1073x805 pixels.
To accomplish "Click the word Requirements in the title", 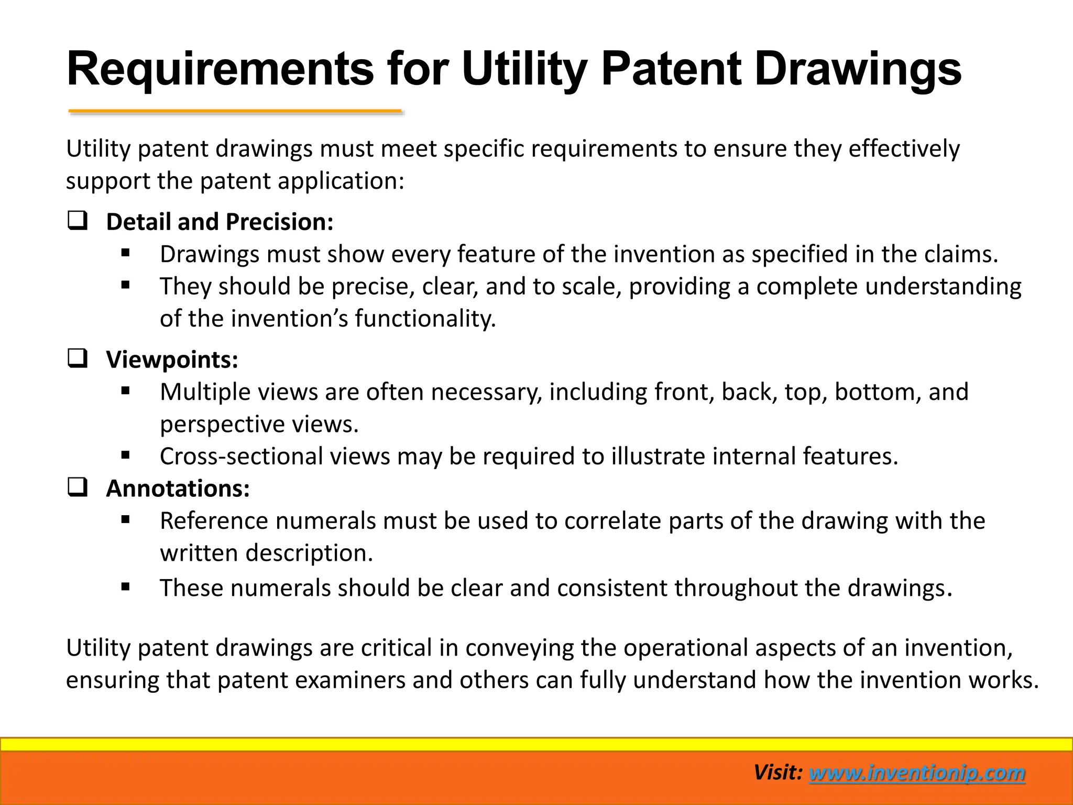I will click(220, 69).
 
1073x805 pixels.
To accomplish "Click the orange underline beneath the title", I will click(235, 111).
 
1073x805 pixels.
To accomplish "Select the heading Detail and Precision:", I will click(220, 222).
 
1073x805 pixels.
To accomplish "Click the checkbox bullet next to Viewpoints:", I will click(77, 359).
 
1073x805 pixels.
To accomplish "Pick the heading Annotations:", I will click(178, 488).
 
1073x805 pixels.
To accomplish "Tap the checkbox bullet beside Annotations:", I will click(77, 488).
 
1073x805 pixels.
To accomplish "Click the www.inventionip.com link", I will click(917, 773).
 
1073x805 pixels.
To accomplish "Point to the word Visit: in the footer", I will click(778, 773).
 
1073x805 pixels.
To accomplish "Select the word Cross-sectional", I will click(241, 456).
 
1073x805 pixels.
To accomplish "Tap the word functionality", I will click(425, 319).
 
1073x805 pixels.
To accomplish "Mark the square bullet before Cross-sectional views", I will click(125, 455).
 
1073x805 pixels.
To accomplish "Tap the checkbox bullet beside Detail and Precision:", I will click(77, 221).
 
